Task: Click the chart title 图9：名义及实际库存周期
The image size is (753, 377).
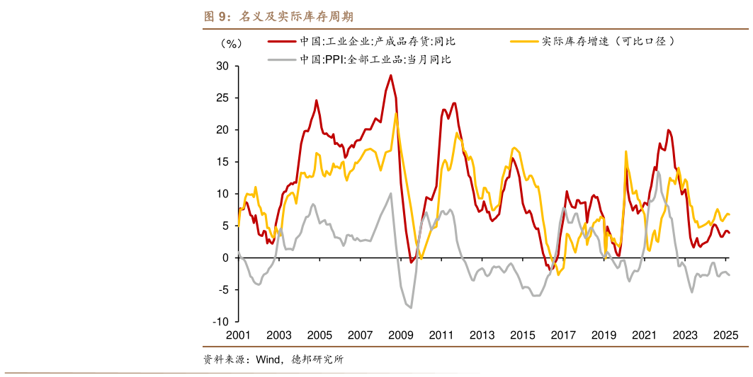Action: (x=278, y=16)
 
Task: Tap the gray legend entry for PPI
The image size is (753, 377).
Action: (x=375, y=59)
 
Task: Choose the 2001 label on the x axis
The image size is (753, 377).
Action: (x=238, y=335)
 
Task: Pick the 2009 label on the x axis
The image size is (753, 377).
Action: (x=401, y=335)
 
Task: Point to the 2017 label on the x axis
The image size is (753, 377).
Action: (x=564, y=335)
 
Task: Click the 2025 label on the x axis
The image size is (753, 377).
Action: (x=727, y=335)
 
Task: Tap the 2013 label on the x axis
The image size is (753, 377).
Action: (x=482, y=335)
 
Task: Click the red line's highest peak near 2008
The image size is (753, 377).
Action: (x=390, y=76)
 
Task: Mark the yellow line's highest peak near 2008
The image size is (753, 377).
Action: (x=395, y=114)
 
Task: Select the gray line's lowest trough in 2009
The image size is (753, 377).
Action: (x=411, y=307)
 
